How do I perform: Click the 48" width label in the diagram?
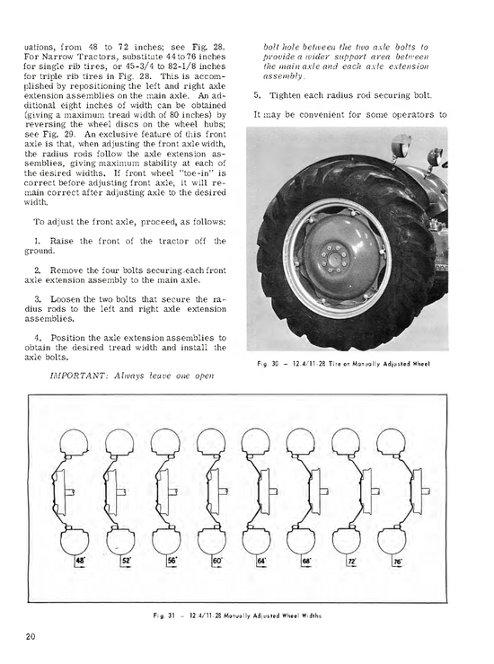click(80, 560)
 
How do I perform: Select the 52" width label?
click(127, 560)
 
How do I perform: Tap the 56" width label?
click(172, 560)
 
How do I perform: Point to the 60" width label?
click(216, 560)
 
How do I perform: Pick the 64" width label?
click(261, 560)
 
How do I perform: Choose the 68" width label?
click(306, 560)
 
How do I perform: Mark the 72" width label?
click(352, 560)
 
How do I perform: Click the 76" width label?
click(397, 560)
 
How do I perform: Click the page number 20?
click(31, 637)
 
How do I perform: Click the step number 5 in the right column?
click(256, 95)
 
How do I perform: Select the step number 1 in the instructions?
click(37, 241)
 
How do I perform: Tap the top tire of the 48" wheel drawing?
click(73, 441)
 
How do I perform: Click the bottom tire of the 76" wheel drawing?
click(392, 540)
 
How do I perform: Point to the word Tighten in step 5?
click(286, 95)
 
